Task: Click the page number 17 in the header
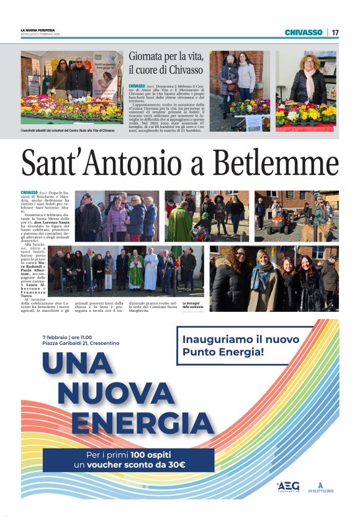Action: pos(335,32)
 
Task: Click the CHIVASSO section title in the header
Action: pos(304,32)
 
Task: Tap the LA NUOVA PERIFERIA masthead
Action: pos(38,30)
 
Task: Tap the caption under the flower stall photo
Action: pos(67,130)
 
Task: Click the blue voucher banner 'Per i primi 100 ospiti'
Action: pos(128,460)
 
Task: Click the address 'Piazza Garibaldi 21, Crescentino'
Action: pos(80,343)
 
